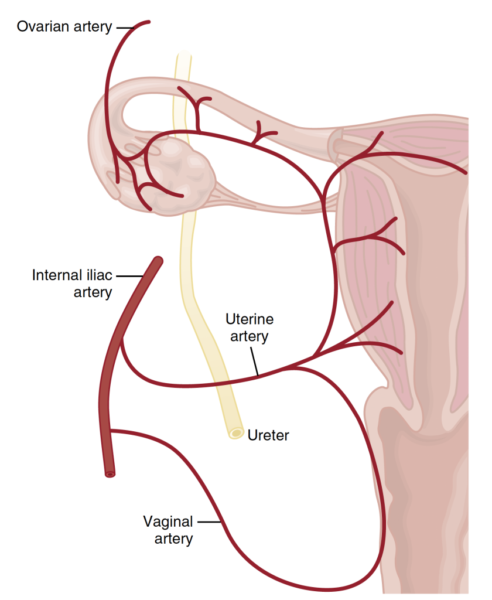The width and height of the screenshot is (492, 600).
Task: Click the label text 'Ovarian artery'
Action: pos(64,27)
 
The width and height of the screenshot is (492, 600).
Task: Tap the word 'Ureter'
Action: pos(268,435)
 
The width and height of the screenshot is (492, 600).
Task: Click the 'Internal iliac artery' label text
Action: pos(72,283)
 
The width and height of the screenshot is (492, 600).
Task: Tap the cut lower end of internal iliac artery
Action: pos(110,473)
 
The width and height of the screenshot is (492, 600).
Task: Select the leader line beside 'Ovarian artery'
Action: pos(124,27)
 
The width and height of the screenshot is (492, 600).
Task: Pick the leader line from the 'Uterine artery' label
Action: pos(254,360)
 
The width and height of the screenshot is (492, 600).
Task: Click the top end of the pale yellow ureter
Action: pos(183,55)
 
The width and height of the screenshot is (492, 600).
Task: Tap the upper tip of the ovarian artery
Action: pos(149,22)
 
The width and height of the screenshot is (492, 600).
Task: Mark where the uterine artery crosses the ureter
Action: pos(220,384)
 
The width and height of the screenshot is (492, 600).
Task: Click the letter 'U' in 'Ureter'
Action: pos(251,435)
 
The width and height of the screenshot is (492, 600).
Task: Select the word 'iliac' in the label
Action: pos(98,275)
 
